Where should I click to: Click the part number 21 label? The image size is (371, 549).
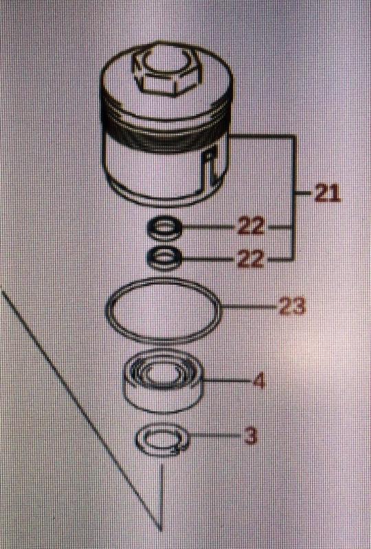(328, 194)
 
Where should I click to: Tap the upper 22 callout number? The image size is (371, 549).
(251, 227)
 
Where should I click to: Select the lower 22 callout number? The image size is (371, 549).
(250, 259)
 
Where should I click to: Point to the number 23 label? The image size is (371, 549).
(292, 306)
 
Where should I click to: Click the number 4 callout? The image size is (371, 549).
(259, 381)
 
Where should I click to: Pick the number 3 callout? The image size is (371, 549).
(250, 436)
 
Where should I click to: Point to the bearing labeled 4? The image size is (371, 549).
(164, 381)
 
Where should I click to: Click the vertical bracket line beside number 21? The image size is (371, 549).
(294, 197)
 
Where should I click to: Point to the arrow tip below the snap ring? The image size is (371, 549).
(161, 529)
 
